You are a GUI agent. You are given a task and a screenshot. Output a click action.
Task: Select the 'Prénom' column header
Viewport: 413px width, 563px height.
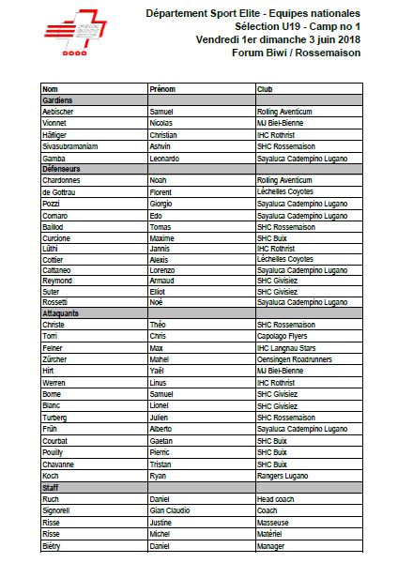163,88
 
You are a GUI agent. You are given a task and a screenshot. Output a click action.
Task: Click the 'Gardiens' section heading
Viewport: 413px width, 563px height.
58,99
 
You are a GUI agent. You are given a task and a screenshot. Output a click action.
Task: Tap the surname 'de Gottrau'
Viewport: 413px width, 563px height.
61,192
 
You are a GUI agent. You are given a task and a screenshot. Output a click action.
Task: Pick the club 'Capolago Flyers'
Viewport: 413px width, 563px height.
284,335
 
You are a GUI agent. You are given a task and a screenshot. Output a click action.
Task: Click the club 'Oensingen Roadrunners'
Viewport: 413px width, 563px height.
297,358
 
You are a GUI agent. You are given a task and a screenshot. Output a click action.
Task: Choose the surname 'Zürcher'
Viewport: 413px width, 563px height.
57,358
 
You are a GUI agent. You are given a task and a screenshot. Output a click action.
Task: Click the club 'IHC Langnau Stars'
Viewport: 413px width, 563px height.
289,346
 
